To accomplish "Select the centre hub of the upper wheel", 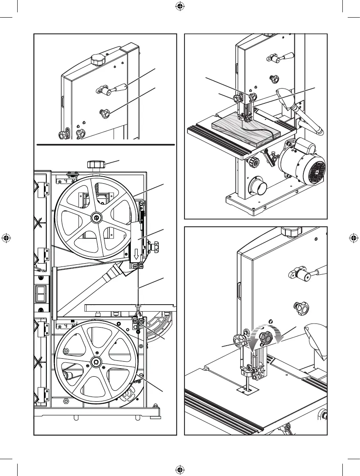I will point(97,218).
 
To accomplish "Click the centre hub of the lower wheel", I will point(97,362).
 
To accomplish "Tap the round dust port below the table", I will point(258,189).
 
